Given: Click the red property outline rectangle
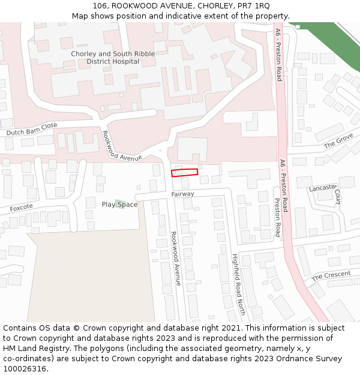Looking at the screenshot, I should (x=184, y=173).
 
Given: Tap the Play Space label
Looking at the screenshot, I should (x=119, y=205).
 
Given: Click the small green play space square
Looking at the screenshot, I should (x=120, y=203).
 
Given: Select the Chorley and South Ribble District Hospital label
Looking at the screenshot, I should (x=113, y=58).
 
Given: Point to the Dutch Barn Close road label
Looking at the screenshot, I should (x=32, y=129).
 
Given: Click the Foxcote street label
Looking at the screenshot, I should (x=21, y=208).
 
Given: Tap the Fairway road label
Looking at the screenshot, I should (x=182, y=194).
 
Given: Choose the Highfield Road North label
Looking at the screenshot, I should (x=239, y=284).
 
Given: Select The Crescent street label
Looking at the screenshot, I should (x=331, y=275).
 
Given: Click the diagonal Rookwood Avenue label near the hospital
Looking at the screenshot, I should (x=122, y=146).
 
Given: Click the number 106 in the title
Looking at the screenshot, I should (x=100, y=6).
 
